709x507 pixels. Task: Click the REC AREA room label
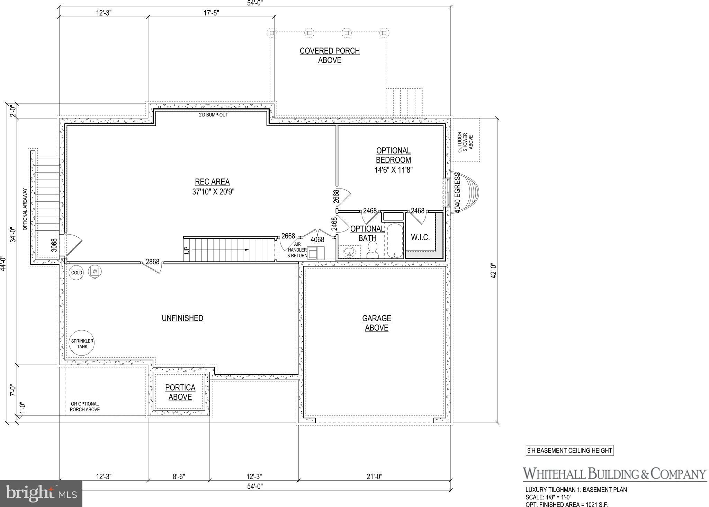click(212, 182)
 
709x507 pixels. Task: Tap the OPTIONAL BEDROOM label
click(394, 155)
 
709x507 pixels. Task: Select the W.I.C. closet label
click(420, 237)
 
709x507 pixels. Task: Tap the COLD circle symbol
click(77, 273)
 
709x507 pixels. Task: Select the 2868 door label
click(152, 262)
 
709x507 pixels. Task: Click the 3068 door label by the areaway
click(54, 245)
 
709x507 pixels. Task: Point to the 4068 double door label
click(317, 239)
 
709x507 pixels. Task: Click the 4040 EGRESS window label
click(458, 193)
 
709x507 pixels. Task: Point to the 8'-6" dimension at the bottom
click(179, 477)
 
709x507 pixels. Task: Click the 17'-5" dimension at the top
click(211, 13)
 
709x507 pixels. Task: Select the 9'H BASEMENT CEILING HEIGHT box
click(569, 451)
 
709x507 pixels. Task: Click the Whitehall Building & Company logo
click(614, 474)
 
